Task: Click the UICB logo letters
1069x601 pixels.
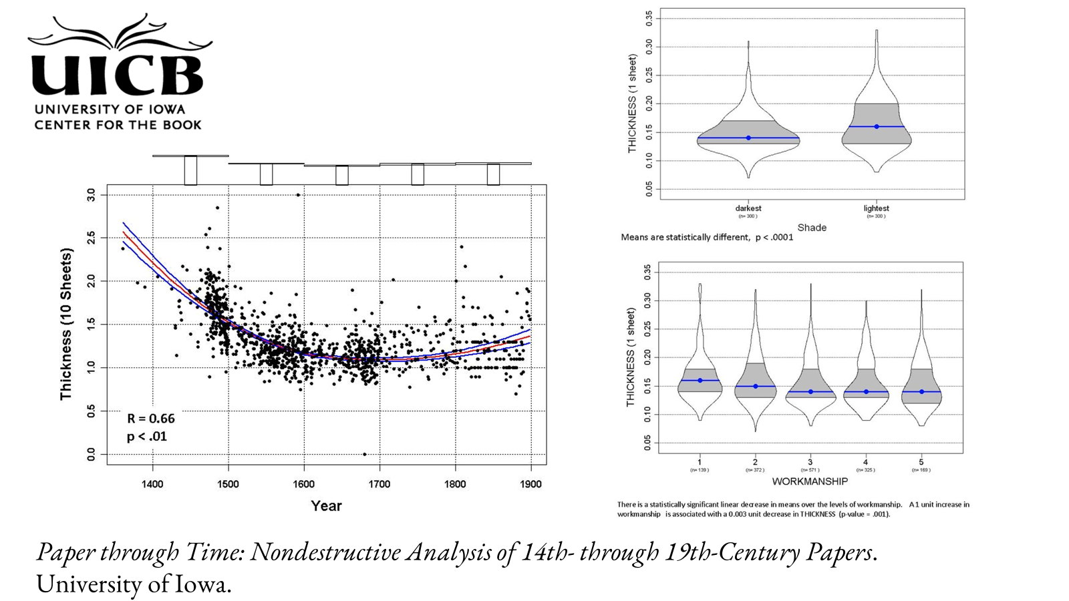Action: [x=117, y=73]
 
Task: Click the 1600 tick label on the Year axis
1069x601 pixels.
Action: [x=304, y=484]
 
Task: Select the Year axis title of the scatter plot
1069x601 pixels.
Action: [x=326, y=506]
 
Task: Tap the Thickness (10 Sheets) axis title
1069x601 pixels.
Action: [x=65, y=325]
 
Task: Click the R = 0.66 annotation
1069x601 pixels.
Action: [x=151, y=419]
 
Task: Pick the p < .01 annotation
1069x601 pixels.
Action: [x=147, y=437]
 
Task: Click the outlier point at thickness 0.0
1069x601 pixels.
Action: [x=364, y=454]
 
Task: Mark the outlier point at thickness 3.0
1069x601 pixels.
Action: [x=298, y=195]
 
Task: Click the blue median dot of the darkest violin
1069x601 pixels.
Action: [x=748, y=138]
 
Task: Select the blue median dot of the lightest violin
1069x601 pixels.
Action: [x=877, y=127]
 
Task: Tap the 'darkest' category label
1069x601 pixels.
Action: [x=748, y=208]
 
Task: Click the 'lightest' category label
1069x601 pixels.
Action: [x=876, y=208]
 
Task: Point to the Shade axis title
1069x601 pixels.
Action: [x=812, y=228]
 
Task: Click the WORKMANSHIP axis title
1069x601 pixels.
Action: [x=810, y=481]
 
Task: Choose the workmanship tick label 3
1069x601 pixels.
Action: [x=810, y=462]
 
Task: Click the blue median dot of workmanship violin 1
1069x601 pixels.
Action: [x=700, y=381]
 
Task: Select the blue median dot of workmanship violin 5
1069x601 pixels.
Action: [x=922, y=392]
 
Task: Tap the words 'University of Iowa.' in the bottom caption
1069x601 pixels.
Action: [x=134, y=584]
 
